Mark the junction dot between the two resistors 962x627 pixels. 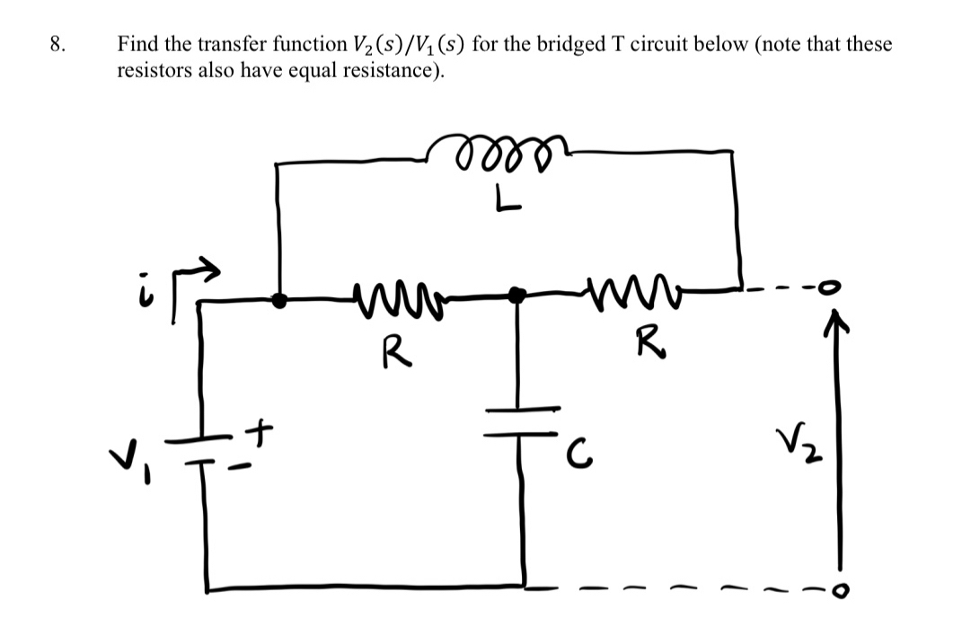point(516,295)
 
